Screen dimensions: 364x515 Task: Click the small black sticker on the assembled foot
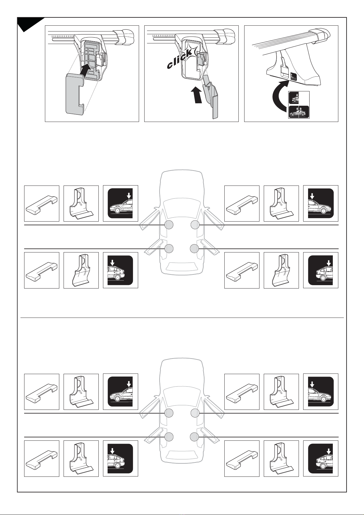pos(293,76)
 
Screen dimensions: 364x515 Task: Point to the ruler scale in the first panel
pos(63,37)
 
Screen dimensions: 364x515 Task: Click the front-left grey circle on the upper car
pos(169,225)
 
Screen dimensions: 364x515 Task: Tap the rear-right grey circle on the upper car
pos(194,248)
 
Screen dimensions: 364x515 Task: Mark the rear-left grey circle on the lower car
pos(169,436)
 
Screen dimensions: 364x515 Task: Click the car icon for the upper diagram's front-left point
pos(120,203)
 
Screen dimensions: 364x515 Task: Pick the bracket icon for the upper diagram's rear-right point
pos(281,270)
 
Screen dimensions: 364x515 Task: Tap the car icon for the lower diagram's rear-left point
pos(120,458)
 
